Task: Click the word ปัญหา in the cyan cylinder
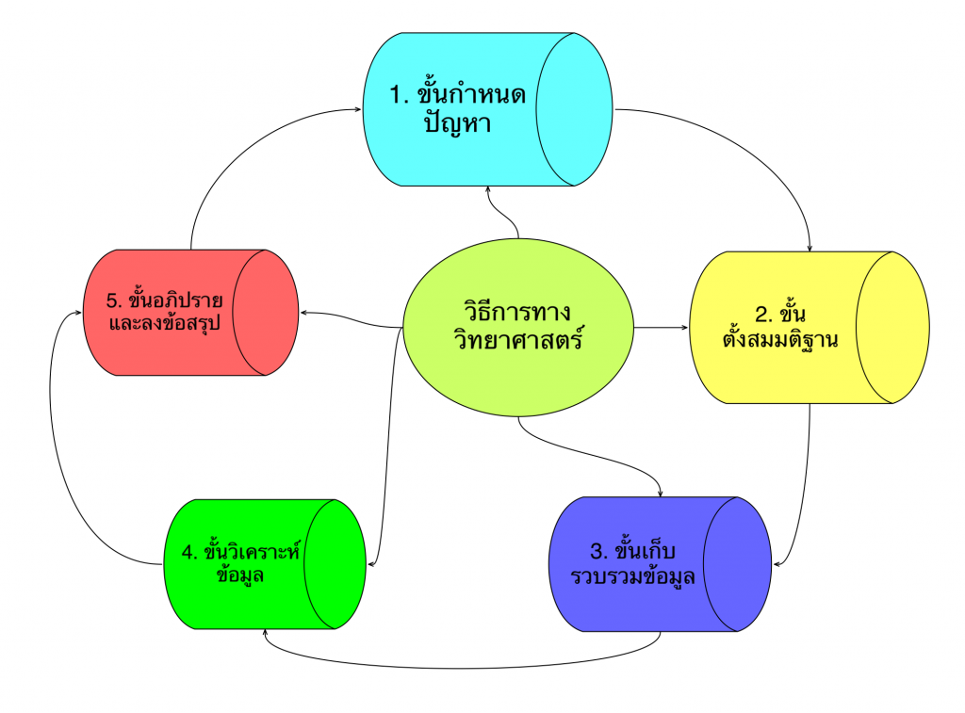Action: [458, 124]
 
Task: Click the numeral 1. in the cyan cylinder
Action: [399, 96]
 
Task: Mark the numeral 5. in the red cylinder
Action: [116, 301]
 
